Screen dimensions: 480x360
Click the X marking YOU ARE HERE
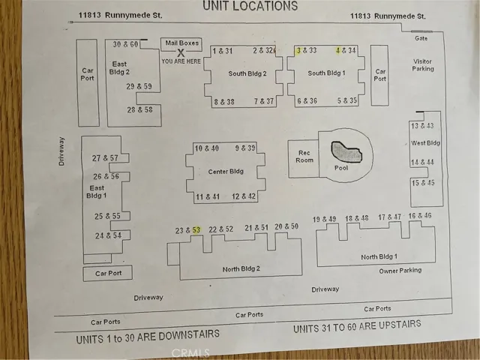pyautogui.click(x=181, y=53)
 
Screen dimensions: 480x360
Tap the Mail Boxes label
pyautogui.click(x=181, y=43)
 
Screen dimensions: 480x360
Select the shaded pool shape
pyautogui.click(x=346, y=151)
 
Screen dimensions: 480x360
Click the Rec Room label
pyautogui.click(x=304, y=157)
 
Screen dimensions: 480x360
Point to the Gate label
pyautogui.click(x=421, y=38)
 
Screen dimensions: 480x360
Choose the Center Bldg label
pyautogui.click(x=226, y=172)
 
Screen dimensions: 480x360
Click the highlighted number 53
pyautogui.click(x=196, y=230)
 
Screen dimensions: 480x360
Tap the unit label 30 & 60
pyautogui.click(x=125, y=44)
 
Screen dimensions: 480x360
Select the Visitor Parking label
pyautogui.click(x=423, y=65)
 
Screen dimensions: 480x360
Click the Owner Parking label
pyautogui.click(x=400, y=271)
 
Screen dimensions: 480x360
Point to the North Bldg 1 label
pyautogui.click(x=379, y=256)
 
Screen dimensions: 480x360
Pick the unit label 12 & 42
pyautogui.click(x=244, y=196)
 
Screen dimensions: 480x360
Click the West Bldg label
pyautogui.click(x=425, y=143)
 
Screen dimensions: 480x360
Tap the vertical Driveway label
pyautogui.click(x=61, y=151)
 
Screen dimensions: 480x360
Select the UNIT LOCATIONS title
pyautogui.click(x=250, y=6)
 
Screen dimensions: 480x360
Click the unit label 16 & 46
pyautogui.click(x=420, y=216)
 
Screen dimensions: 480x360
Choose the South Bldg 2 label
pyautogui.click(x=247, y=73)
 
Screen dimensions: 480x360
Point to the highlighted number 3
pyautogui.click(x=298, y=50)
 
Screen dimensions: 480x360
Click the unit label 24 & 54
pyautogui.click(x=108, y=235)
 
